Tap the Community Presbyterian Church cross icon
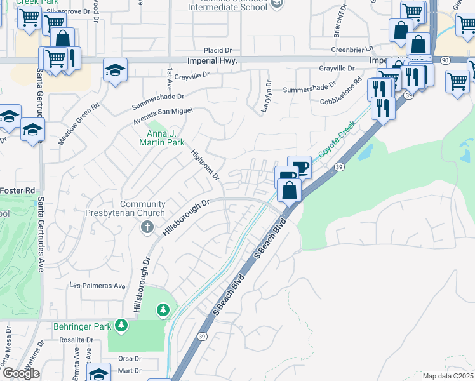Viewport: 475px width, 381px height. tap(147, 227)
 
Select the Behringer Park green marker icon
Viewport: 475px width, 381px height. tap(121, 326)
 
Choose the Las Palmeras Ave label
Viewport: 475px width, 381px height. tap(97, 286)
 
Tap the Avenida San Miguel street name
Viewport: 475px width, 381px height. tap(163, 116)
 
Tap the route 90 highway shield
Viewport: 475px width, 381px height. tap(444, 60)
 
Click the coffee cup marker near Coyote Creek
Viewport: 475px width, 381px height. tap(300, 167)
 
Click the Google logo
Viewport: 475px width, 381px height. tap(21, 373)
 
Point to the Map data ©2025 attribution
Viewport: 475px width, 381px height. tap(446, 376)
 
